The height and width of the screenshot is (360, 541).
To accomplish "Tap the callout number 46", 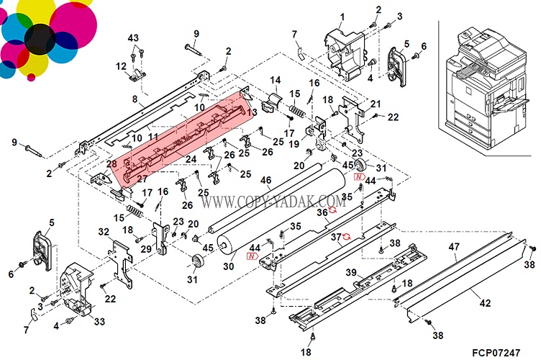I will pyautogui.click(x=265, y=181).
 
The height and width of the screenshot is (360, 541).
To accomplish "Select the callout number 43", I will pyautogui.click(x=133, y=37).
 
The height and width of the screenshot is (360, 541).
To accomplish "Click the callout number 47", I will pyautogui.click(x=453, y=247).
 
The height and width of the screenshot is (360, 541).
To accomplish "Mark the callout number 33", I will pyautogui.click(x=99, y=320).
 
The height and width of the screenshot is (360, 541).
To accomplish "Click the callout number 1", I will pyautogui.click(x=342, y=17).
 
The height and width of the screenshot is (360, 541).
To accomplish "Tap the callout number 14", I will pyautogui.click(x=275, y=79).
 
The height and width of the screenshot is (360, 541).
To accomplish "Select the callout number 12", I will pyautogui.click(x=121, y=66).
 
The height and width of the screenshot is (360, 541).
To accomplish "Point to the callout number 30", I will pyautogui.click(x=229, y=266).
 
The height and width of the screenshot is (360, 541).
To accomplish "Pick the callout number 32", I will pyautogui.click(x=104, y=231).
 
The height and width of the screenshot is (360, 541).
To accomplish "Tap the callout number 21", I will pyautogui.click(x=375, y=104).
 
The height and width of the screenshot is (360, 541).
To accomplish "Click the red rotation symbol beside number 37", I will pyautogui.click(x=348, y=236).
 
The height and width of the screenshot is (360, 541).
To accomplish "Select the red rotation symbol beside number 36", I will pyautogui.click(x=334, y=210).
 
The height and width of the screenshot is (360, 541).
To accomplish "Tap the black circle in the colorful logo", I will pyautogui.click(x=37, y=37).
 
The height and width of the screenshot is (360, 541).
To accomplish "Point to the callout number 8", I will pyautogui.click(x=134, y=99).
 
